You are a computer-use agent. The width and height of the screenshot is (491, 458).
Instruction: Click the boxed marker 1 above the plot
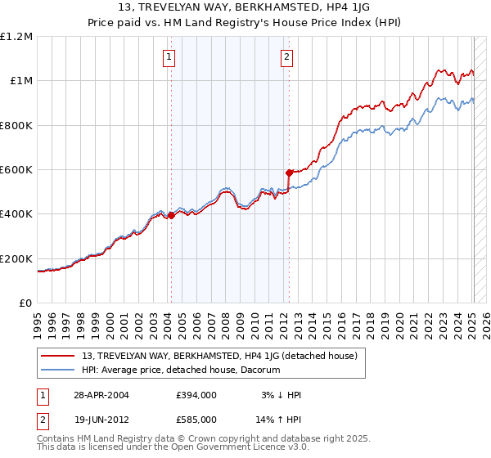[168, 57]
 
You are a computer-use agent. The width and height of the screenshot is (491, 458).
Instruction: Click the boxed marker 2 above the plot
[287, 57]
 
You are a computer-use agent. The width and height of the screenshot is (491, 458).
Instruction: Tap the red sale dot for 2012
[289, 173]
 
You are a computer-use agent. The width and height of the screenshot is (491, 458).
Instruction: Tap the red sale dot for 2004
[171, 215]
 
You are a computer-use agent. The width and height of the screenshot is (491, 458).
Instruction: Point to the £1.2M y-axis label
[16, 37]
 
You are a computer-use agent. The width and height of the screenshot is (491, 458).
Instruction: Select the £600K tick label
[16, 170]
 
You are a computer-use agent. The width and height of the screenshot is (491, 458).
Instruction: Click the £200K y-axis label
[16, 259]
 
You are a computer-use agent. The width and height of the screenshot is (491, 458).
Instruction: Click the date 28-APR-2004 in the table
[101, 395]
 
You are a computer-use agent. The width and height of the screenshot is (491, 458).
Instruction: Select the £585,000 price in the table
[196, 420]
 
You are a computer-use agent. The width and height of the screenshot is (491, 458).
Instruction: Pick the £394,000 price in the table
[196, 395]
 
